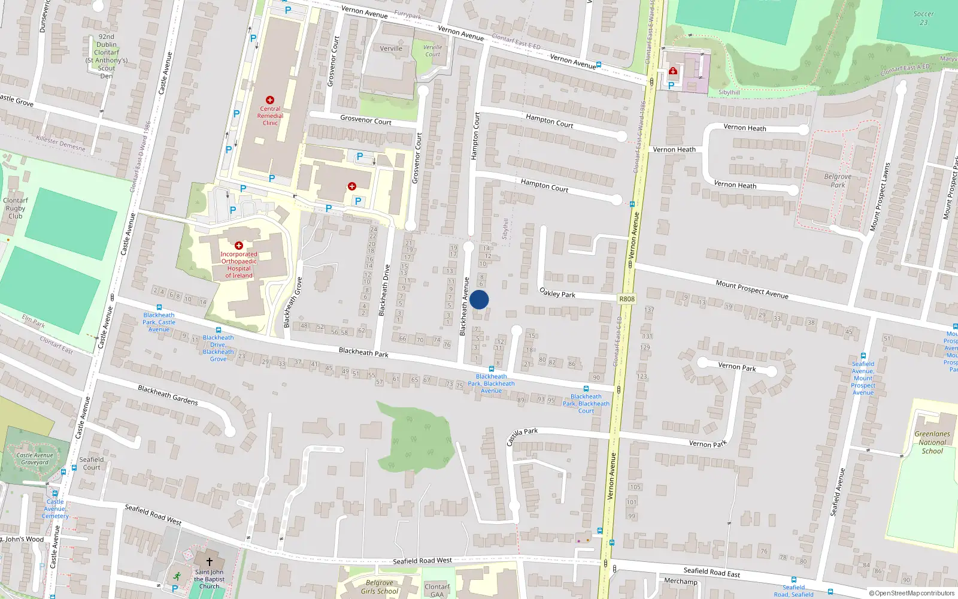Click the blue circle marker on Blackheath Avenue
point(479,299)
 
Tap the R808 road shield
point(627,299)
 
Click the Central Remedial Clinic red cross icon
point(270,100)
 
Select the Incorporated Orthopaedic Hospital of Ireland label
point(239,265)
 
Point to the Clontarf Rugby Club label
point(16,208)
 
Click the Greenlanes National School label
point(932,442)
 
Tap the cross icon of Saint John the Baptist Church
point(209,562)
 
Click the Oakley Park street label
point(557,293)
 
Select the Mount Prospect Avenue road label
point(752,289)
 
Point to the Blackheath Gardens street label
point(168,395)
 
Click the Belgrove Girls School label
point(380,587)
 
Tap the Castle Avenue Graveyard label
point(35,459)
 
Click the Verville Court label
point(432,51)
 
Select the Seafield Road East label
point(712,572)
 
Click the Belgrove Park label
point(838,180)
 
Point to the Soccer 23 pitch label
point(923,18)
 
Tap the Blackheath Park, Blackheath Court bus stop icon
point(586,389)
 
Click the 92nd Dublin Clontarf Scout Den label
point(107,56)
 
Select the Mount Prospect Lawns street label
point(879,197)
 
